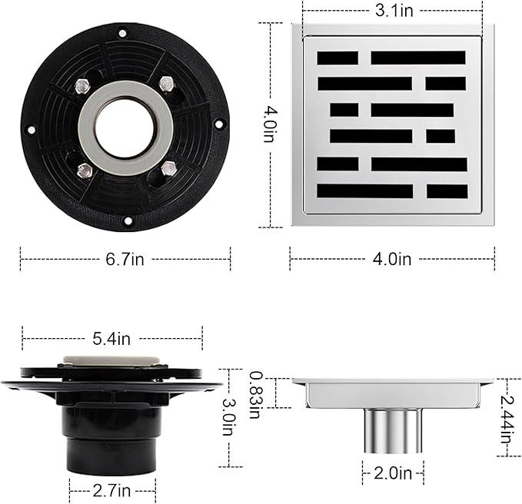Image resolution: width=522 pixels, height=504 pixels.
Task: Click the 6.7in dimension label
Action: (125, 259)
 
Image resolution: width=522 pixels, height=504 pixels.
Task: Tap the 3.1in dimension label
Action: (394, 11)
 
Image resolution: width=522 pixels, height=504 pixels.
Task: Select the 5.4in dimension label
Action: (111, 339)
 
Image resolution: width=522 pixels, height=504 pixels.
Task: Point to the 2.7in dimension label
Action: (112, 491)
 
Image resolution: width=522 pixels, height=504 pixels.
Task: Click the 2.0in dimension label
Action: (393, 473)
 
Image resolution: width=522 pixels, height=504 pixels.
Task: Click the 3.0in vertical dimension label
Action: (229, 417)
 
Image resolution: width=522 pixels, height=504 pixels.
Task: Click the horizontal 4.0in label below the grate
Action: (392, 259)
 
